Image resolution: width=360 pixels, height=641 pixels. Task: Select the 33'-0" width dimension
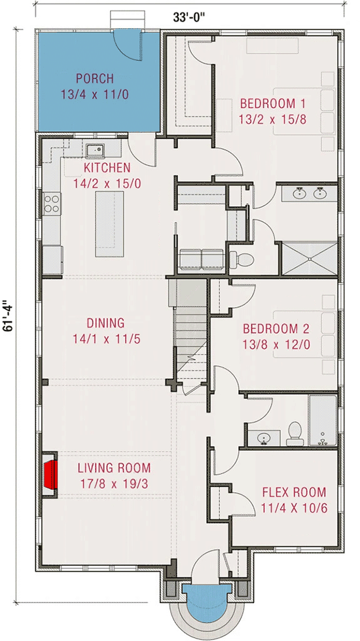pos(190,18)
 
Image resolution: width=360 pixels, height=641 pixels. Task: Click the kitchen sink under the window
pos(98,150)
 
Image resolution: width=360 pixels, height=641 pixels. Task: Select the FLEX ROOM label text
pos(294,492)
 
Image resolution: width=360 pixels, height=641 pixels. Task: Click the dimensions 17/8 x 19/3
pos(114,485)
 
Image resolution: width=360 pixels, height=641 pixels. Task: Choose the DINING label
pos(105,323)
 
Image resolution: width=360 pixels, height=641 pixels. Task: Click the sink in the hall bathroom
pos(264,437)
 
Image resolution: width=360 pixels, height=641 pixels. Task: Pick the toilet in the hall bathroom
pos(294,431)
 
